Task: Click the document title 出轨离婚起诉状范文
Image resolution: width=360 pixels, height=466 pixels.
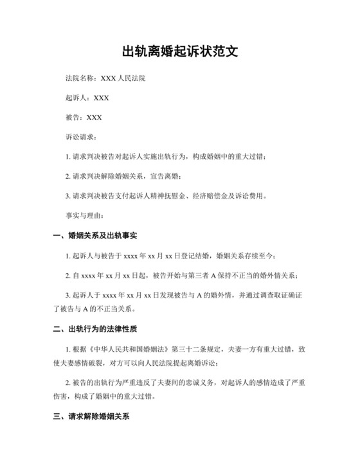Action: [180, 51]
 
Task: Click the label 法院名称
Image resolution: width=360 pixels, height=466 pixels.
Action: [80, 80]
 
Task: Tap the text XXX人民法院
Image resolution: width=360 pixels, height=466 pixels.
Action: [122, 80]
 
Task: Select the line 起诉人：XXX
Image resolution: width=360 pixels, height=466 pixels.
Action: [87, 98]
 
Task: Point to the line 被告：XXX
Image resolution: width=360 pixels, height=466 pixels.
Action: [84, 118]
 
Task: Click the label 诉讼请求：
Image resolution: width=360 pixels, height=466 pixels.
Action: [82, 137]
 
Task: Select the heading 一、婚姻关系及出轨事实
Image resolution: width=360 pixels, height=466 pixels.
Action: [95, 236]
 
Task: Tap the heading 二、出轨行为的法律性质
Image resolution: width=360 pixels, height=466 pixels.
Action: [95, 330]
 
